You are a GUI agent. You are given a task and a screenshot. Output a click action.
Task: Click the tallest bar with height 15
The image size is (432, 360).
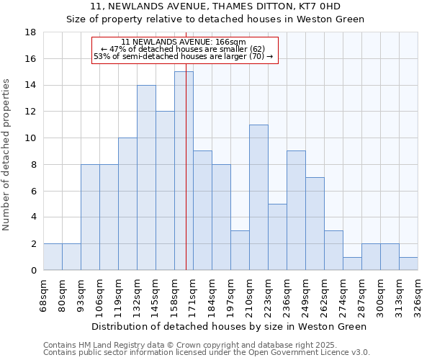coord(184,171)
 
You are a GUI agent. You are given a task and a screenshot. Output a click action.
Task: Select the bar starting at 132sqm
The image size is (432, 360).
coord(146,177)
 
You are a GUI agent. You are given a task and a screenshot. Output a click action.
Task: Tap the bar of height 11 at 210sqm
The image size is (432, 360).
coord(258,197)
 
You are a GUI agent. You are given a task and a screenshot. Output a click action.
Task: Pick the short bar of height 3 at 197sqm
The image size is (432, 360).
coord(240,250)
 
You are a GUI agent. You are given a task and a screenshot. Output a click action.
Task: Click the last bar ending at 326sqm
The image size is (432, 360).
coord(408,264)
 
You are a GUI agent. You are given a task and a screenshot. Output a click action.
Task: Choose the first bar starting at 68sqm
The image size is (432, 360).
coord(53,257)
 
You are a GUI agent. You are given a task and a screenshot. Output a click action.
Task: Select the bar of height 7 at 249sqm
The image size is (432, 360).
coord(315,223)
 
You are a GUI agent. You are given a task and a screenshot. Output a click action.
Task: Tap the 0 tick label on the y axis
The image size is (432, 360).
coord(33,271)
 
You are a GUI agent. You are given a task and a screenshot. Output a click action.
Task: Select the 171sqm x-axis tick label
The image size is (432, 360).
coord(194,294)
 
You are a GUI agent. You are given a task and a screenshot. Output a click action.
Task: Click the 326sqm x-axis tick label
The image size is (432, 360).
coord(418,294)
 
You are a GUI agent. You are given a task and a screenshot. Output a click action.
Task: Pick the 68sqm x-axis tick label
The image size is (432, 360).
coord(44,294)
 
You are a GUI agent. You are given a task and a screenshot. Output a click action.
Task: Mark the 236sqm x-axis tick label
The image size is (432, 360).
coord(287,294)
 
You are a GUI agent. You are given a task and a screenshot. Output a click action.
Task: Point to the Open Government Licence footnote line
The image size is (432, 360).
coord(207,353)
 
